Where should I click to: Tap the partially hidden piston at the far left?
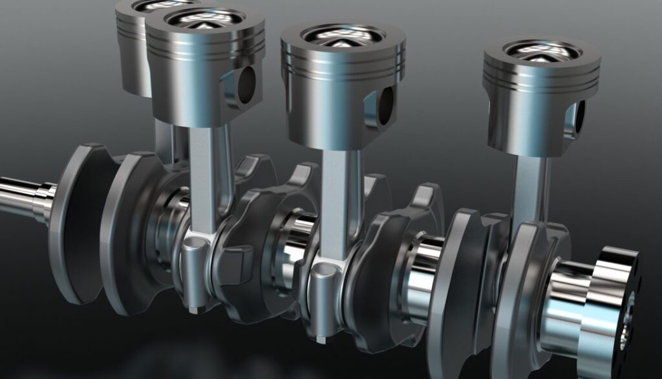click(133, 52)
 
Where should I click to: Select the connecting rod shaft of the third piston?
click(337, 194)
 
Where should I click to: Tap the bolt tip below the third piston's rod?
click(321, 338)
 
